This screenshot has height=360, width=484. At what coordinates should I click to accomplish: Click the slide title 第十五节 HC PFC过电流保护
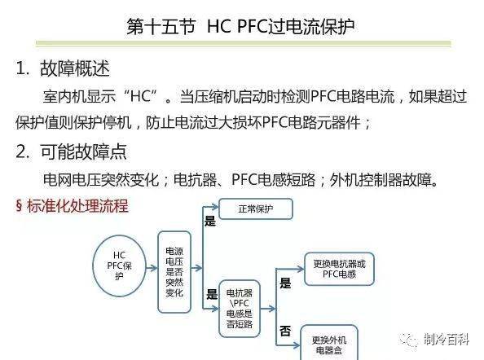tap(240, 27)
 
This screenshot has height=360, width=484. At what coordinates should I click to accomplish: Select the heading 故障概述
tap(75, 68)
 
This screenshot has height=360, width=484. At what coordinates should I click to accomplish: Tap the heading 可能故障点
tap(83, 151)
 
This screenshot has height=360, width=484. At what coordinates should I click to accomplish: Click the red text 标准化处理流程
tap(77, 206)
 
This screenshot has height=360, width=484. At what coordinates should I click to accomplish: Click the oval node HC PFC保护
tap(119, 266)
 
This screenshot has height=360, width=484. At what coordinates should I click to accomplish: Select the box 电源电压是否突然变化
tap(174, 272)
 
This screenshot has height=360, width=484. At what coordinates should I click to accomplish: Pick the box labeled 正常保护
tap(256, 209)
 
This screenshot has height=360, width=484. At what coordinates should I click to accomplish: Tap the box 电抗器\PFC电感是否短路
tap(240, 309)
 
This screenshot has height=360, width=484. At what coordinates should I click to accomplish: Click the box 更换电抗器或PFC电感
tap(339, 269)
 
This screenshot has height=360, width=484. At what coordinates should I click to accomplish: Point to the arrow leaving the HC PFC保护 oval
tap(152, 268)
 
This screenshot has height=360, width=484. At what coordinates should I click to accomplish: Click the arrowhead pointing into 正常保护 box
tap(216, 208)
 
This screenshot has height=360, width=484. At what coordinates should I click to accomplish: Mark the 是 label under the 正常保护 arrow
tap(210, 222)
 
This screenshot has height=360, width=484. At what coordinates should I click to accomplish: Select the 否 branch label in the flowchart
tap(285, 331)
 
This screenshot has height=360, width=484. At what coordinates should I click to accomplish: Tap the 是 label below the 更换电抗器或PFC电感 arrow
tap(285, 283)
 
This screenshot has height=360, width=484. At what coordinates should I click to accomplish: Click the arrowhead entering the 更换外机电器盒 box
tap(297, 345)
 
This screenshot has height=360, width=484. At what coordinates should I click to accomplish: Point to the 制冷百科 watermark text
tap(447, 340)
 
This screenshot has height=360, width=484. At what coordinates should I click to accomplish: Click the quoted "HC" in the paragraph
tap(140, 96)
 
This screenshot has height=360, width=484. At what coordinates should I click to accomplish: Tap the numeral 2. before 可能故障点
tap(23, 151)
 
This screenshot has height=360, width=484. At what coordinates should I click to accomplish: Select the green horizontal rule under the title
tap(244, 43)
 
